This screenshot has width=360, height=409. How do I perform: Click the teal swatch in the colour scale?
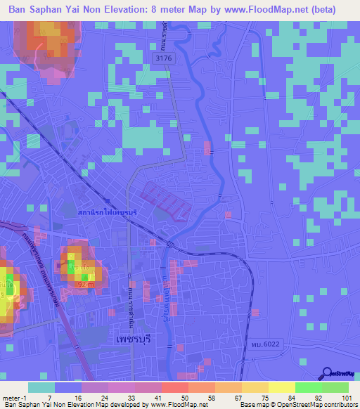(x=41, y=388)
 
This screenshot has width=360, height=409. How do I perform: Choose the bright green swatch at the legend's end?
(x=335, y=388)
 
